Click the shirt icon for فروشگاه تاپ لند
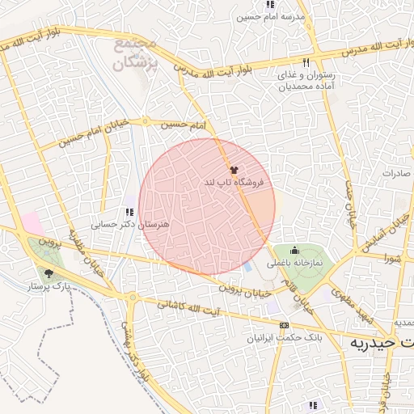pos(234,171)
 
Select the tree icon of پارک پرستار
pos(49,273)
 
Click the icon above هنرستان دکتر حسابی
pos(129,212)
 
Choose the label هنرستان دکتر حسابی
pos(129,225)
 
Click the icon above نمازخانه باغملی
pos(294,250)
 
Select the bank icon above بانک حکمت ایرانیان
pos(283,325)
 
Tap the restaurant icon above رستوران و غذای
pos(306,61)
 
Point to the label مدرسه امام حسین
pos(270,16)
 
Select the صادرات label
pos(396,173)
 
